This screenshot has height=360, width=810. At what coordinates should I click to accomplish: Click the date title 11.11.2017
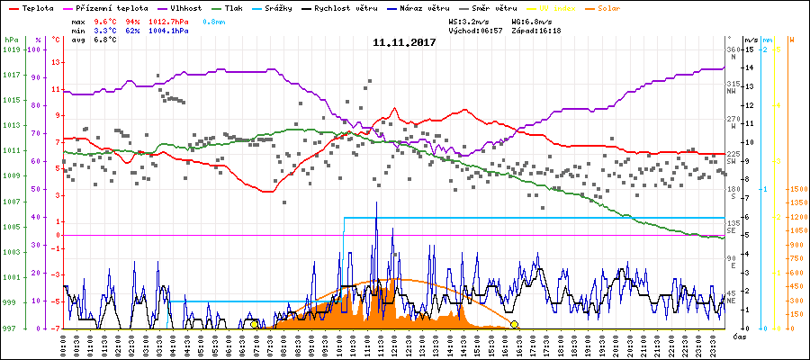pyautogui.click(x=404, y=42)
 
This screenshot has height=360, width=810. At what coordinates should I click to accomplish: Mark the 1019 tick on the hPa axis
pyautogui.click(x=12, y=49)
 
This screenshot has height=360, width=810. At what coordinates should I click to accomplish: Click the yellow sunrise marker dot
pyautogui.click(x=254, y=324)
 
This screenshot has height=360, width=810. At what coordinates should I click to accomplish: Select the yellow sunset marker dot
pyautogui.click(x=514, y=324)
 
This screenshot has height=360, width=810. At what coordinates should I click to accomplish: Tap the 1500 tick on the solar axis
pyautogui.click(x=796, y=190)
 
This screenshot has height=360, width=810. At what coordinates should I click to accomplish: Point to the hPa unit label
pyautogui.click(x=10, y=40)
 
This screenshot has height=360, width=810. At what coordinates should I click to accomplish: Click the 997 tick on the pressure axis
pyautogui.click(x=10, y=328)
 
